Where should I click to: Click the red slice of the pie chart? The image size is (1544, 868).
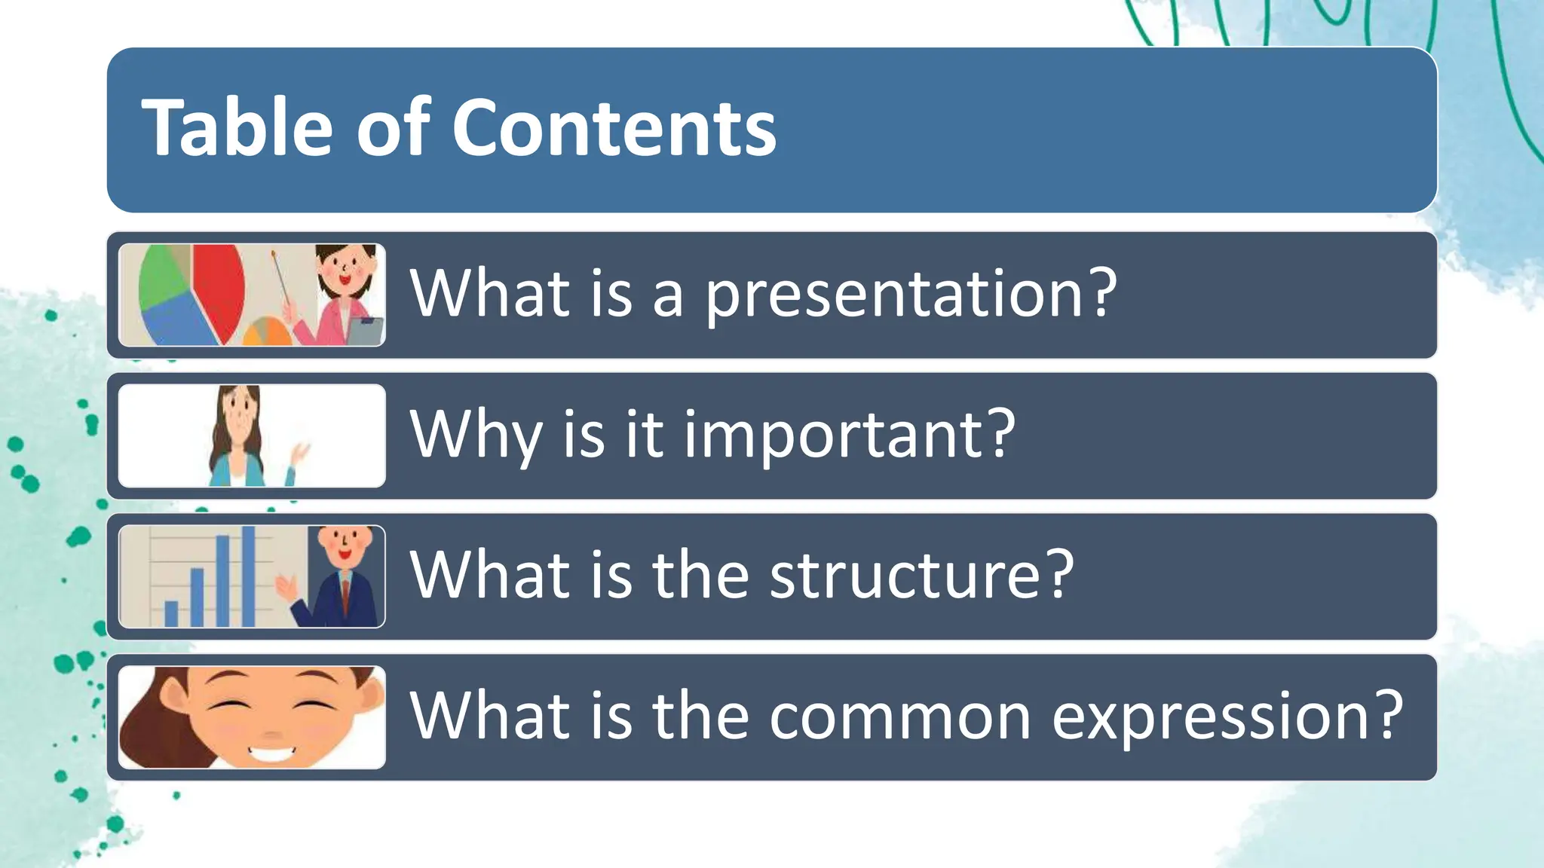(219, 290)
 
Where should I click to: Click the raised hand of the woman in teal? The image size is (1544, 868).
(300, 455)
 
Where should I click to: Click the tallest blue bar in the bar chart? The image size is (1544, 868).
(248, 576)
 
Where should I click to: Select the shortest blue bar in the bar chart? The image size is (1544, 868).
(171, 613)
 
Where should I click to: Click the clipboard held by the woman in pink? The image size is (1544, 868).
(366, 332)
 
